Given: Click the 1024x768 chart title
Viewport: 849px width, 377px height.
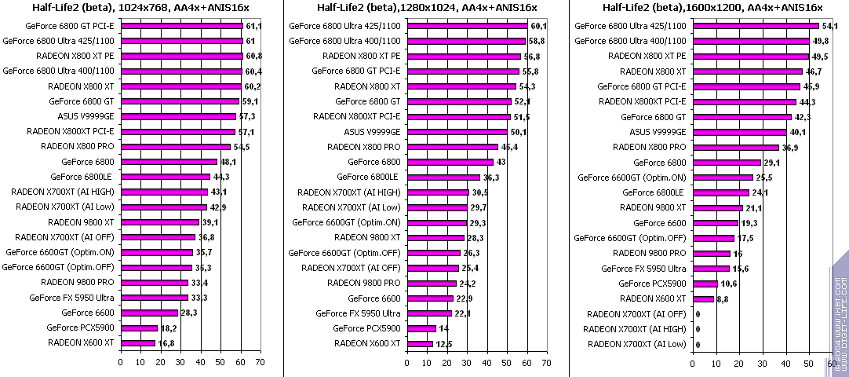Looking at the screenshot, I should click(140, 7).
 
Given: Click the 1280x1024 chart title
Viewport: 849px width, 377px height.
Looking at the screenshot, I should click(427, 7).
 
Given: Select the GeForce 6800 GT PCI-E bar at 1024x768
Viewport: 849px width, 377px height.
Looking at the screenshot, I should click(180, 26).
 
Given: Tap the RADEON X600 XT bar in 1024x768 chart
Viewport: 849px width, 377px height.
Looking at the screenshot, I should click(137, 342).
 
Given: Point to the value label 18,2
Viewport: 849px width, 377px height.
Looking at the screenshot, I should click(167, 328).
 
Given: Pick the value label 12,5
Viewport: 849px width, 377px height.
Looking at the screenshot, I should click(445, 343).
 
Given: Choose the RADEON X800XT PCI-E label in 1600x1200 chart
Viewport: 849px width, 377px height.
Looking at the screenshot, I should click(642, 101).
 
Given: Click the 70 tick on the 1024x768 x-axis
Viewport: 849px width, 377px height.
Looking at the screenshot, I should click(259, 363).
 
